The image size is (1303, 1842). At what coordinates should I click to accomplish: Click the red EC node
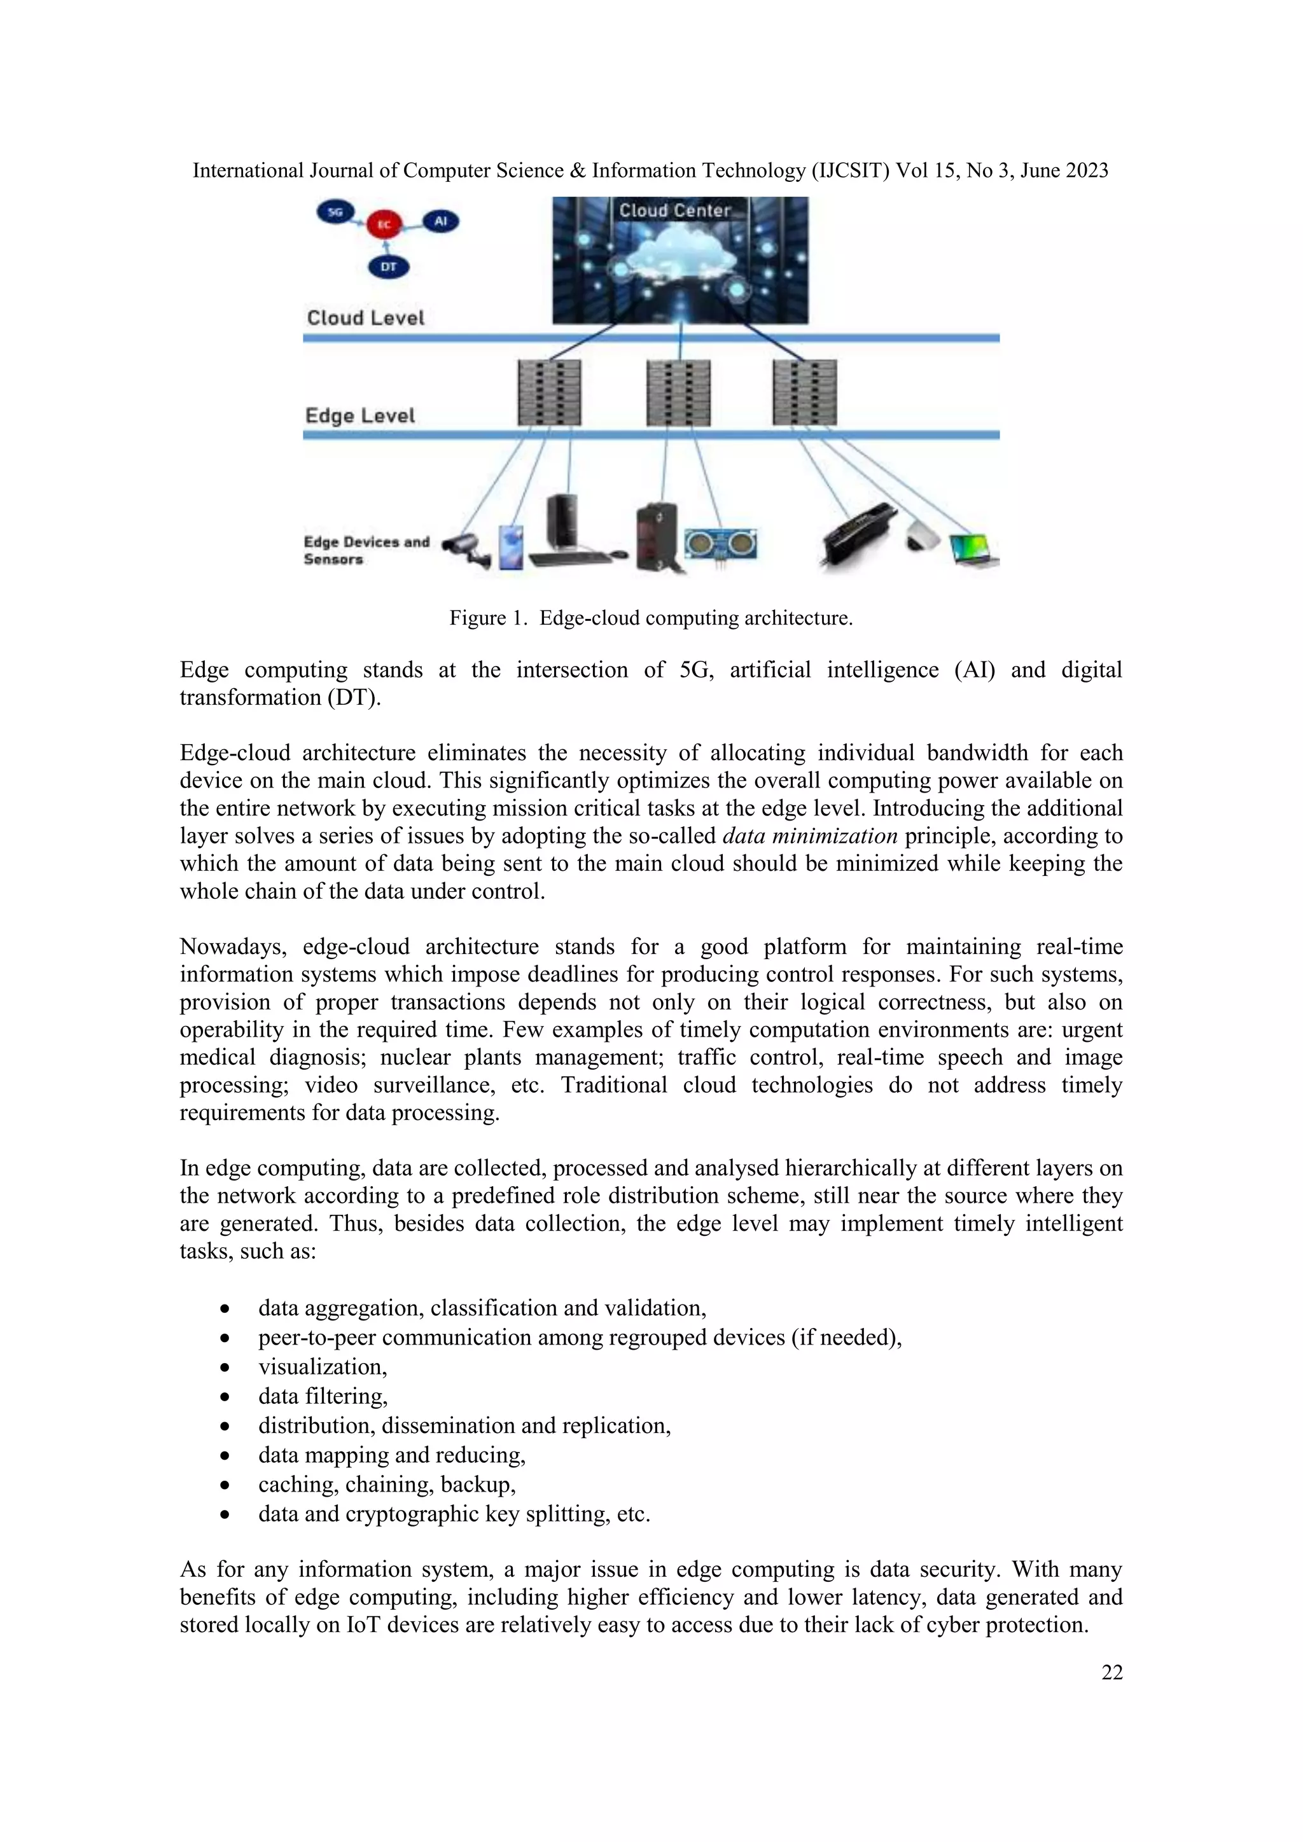pyautogui.click(x=384, y=225)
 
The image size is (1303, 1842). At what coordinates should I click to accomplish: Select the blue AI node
pyautogui.click(x=440, y=221)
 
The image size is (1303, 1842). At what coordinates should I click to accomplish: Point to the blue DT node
pyautogui.click(x=388, y=267)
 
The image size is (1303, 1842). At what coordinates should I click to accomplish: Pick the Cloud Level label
pyautogui.click(x=365, y=317)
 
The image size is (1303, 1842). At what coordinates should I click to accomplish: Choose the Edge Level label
pyautogui.click(x=359, y=415)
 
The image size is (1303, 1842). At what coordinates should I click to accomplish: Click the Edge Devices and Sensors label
pyautogui.click(x=366, y=550)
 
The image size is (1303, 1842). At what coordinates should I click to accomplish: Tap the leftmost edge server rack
pyautogui.click(x=550, y=392)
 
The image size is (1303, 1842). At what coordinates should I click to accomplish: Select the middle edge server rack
pyautogui.click(x=678, y=392)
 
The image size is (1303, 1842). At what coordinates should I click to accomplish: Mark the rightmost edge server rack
pyautogui.click(x=805, y=392)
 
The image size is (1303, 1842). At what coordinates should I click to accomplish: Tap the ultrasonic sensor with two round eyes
pyautogui.click(x=720, y=546)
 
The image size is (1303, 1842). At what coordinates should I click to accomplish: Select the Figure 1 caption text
pyautogui.click(x=651, y=618)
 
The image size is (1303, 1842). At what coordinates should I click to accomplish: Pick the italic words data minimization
pyautogui.click(x=809, y=836)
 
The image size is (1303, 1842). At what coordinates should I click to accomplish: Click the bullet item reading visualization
pyautogui.click(x=323, y=1366)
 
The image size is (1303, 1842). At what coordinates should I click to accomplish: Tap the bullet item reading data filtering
pyautogui.click(x=323, y=1396)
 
